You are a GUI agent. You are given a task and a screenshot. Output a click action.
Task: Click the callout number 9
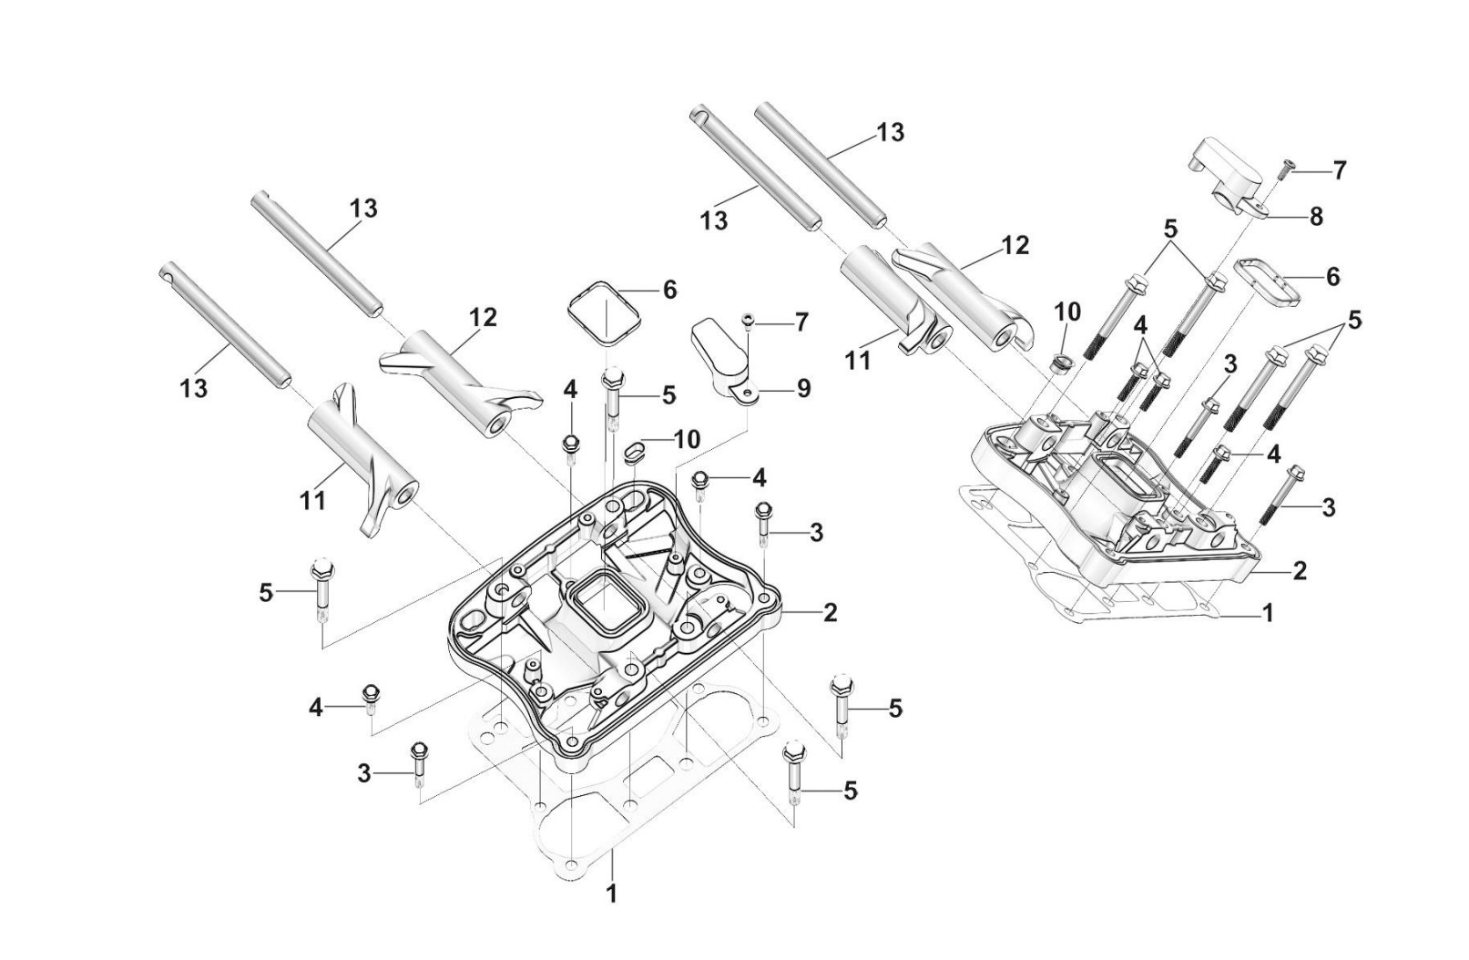pyautogui.click(x=803, y=388)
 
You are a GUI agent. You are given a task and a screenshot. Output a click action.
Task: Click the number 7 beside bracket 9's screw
pyautogui.click(x=801, y=322)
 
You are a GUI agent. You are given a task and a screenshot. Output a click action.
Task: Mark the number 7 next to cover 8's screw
pyautogui.click(x=1339, y=170)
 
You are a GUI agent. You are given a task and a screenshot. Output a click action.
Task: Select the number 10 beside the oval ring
pyautogui.click(x=686, y=440)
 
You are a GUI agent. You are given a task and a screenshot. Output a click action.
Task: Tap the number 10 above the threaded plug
pyautogui.click(x=1067, y=312)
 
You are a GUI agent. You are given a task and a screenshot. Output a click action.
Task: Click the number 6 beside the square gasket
pyautogui.click(x=669, y=291)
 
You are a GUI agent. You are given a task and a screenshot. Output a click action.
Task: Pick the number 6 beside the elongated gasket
pyautogui.click(x=1332, y=276)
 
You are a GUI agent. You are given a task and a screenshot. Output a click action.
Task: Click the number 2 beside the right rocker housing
pyautogui.click(x=1300, y=571)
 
